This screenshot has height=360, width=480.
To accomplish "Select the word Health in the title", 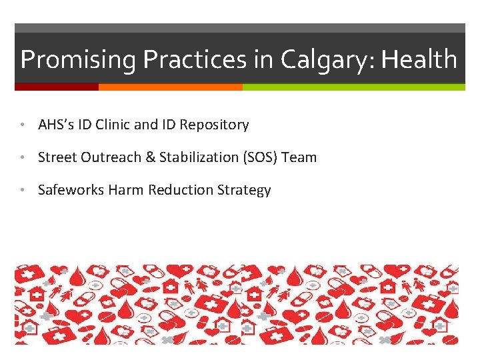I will tap(418, 60).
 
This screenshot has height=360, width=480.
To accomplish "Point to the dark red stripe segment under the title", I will tap(56, 87).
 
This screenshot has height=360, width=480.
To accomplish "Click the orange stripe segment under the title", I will tap(170, 87).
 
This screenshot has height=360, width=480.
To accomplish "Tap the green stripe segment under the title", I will tap(353, 87).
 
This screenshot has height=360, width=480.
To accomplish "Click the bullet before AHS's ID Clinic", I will tap(23, 125).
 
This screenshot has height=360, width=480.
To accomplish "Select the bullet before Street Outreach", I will tap(23, 157).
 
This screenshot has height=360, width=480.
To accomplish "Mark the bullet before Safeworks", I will tap(23, 190).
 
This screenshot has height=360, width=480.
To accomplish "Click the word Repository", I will tap(217, 125).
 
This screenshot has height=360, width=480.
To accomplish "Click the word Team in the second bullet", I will tap(299, 157).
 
